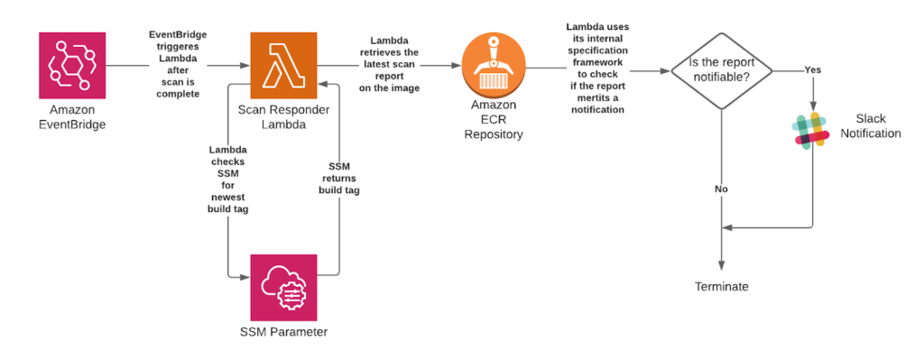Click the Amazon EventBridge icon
[71, 66]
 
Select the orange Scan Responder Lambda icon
[283, 66]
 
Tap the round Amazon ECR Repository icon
[494, 65]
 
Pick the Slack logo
[811, 130]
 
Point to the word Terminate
[721, 287]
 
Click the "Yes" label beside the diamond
[812, 69]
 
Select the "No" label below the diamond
[721, 189]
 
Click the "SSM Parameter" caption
[283, 332]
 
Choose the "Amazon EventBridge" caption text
[71, 116]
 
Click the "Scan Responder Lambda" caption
[283, 116]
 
